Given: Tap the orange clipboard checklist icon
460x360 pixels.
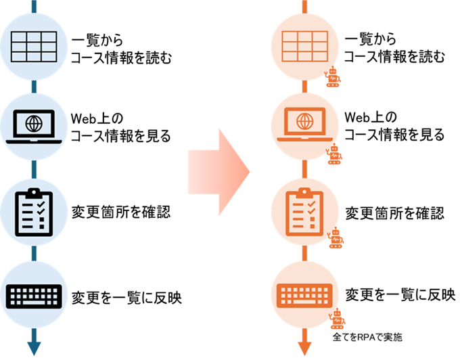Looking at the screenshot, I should tap(304, 210).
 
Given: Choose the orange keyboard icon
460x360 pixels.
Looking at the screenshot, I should tap(304, 296).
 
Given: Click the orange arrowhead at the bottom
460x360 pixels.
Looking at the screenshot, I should tap(305, 348).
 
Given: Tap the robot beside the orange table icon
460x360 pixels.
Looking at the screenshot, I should tap(333, 78).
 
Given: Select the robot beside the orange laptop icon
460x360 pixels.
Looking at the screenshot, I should tap(333, 154).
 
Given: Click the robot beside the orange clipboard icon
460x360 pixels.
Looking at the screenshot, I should tap(333, 239).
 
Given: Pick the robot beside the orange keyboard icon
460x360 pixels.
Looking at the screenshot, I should tap(336, 319).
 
